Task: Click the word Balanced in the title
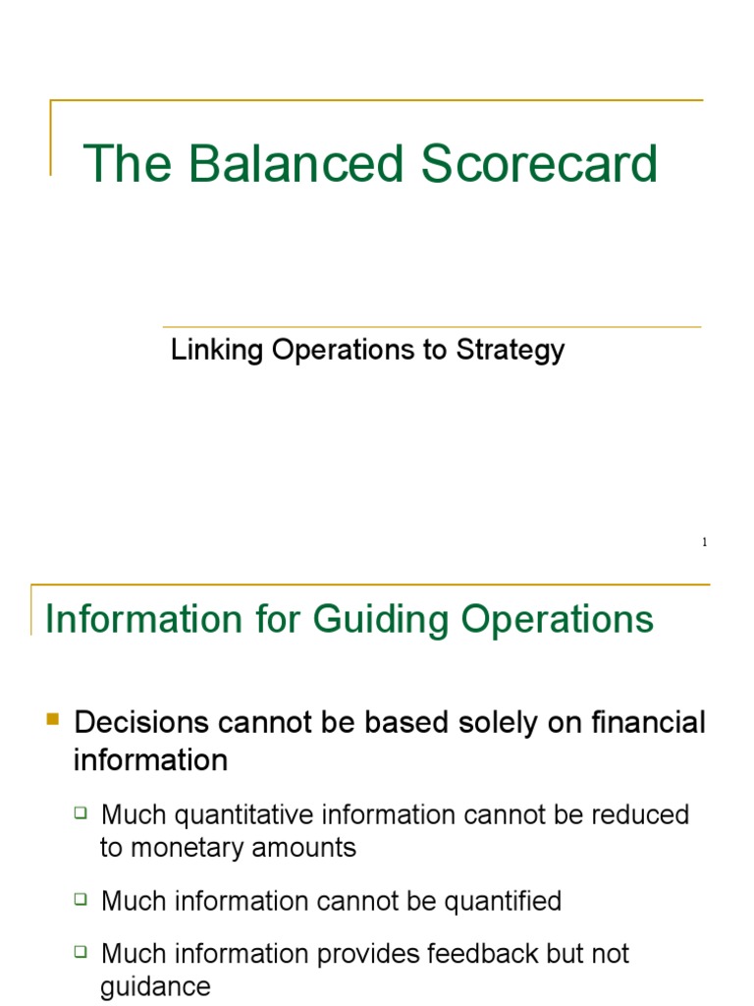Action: click(296, 164)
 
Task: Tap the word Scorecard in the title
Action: click(541, 164)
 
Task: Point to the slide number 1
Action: click(704, 543)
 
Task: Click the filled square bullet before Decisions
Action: click(54, 722)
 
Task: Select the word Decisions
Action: click(141, 723)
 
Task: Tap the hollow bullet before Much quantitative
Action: click(81, 813)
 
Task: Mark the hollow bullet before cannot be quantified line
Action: click(81, 900)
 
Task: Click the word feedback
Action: click(470, 953)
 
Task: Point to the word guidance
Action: click(155, 986)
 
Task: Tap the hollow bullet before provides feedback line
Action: click(81, 952)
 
